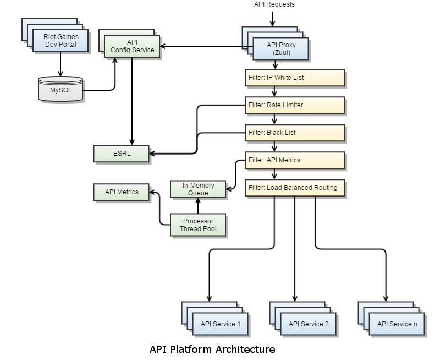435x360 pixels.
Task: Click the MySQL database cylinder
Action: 60,89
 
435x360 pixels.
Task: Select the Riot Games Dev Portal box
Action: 60,41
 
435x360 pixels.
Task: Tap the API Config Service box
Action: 132,46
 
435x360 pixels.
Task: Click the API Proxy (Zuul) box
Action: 280,49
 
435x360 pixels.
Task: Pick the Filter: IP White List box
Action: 295,78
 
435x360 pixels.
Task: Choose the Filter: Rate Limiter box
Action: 295,105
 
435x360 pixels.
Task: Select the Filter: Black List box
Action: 295,133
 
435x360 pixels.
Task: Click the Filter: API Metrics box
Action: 295,160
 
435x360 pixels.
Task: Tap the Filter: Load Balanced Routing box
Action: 295,188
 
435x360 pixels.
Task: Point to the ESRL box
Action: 121,154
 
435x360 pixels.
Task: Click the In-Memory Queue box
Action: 198,189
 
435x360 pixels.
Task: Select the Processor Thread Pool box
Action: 198,225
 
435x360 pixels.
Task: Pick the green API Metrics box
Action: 122,192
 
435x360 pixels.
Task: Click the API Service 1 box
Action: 221,324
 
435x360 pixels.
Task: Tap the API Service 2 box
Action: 309,324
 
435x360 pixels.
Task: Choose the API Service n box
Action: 397,324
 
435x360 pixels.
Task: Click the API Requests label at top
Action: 274,4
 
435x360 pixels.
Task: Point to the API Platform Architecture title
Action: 212,350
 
